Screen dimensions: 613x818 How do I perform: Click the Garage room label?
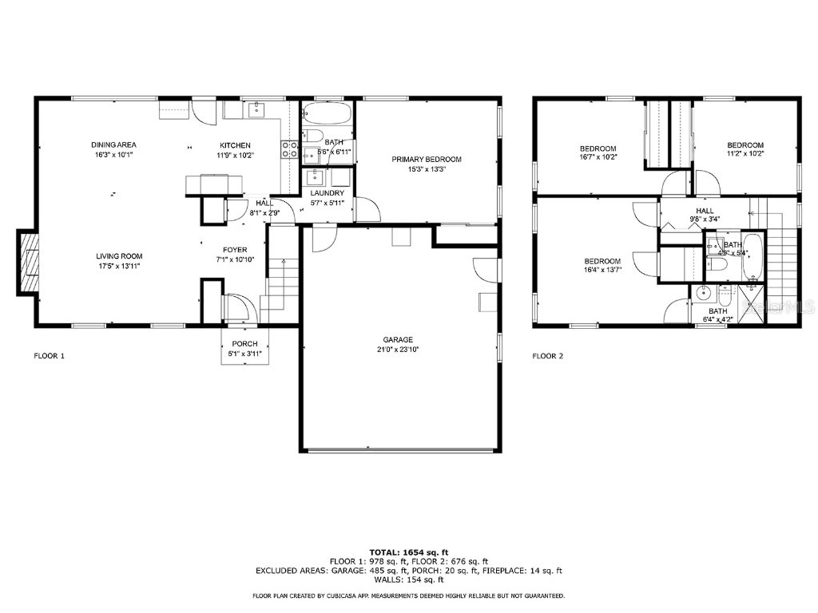pos(397,339)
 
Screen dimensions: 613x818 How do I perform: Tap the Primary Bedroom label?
pos(426,159)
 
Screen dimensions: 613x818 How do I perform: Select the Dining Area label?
pos(113,144)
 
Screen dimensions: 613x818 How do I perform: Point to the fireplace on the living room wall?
pos(29,263)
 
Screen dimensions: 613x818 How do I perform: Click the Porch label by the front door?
pos(244,343)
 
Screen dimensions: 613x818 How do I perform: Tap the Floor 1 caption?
pos(49,356)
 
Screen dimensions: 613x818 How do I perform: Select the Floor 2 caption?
pos(548,356)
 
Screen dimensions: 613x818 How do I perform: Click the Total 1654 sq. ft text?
pos(408,552)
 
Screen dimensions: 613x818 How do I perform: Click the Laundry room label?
pos(327,193)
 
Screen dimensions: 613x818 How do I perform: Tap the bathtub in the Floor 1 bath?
pos(328,113)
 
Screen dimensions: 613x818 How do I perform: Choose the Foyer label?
pos(235,250)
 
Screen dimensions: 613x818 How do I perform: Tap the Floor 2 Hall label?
pos(705,211)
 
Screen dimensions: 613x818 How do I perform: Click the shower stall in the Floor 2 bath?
pos(752,305)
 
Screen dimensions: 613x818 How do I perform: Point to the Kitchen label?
pos(236,144)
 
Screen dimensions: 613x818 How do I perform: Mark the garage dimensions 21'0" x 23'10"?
pos(397,349)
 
